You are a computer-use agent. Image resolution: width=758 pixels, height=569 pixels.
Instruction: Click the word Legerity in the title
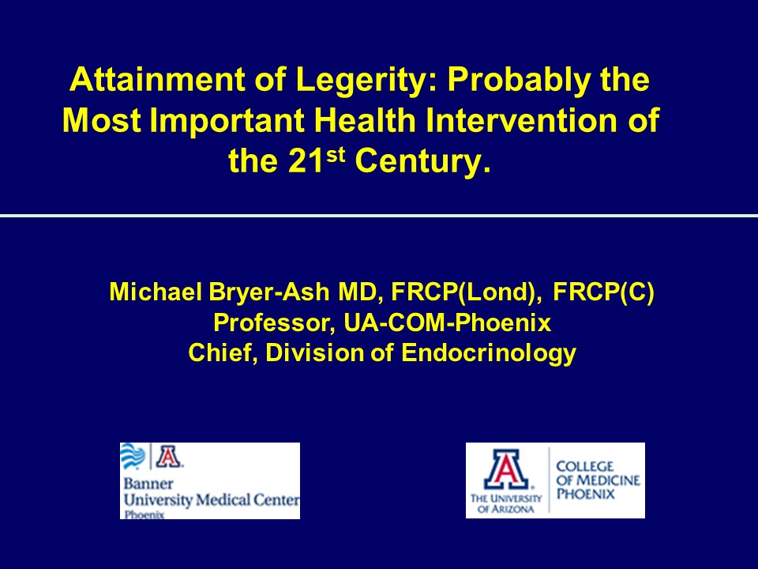[x=366, y=81]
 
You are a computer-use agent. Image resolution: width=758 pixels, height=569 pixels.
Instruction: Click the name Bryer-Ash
[x=269, y=292]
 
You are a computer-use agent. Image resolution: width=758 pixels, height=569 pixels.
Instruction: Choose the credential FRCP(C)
[x=603, y=292]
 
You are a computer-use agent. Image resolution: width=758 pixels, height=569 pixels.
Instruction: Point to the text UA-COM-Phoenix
[x=448, y=322]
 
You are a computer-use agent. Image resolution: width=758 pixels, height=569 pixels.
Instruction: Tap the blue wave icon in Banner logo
[x=133, y=456]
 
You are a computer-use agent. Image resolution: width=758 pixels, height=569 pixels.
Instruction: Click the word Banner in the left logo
[x=148, y=484]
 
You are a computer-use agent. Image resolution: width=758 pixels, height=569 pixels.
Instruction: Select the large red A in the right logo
[x=506, y=469]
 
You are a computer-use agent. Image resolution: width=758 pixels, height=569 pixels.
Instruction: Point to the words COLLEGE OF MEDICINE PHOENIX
[x=598, y=480]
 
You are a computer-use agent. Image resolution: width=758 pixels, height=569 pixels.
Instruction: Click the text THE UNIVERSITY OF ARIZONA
[x=506, y=503]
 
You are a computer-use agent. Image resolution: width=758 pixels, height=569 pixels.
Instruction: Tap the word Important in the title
[x=227, y=121]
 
